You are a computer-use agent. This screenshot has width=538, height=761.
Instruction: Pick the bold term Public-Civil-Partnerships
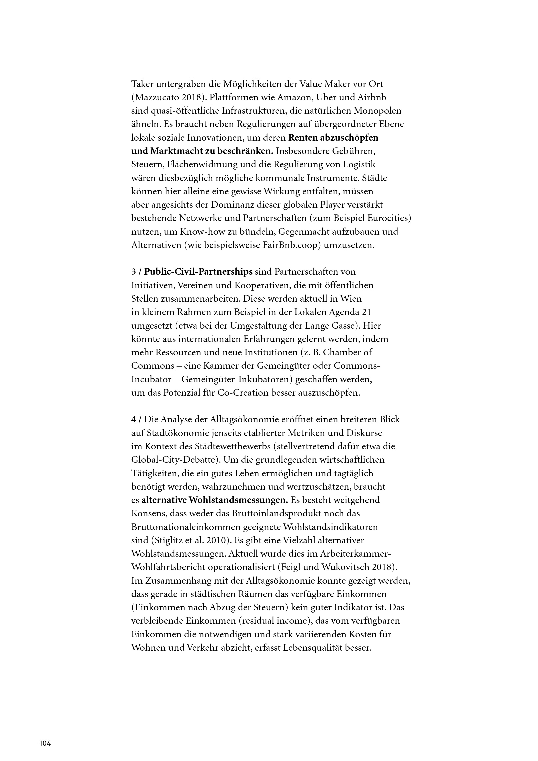point(198,272)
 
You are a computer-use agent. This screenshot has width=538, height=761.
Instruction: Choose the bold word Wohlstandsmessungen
point(238,500)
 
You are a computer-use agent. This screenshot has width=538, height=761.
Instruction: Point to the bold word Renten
point(302,138)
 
